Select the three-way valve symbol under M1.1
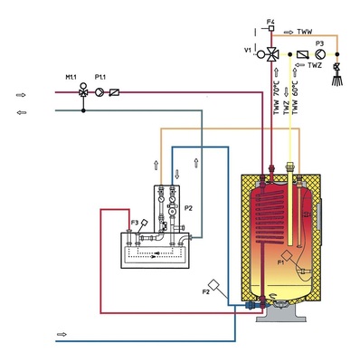(x=84, y=91)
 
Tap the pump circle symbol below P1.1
(x=101, y=91)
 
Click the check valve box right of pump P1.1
(x=114, y=91)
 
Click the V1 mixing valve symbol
(x=270, y=53)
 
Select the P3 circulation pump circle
(x=319, y=53)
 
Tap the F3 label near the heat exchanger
(x=134, y=222)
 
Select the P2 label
(x=188, y=207)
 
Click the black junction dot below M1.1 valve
(x=84, y=110)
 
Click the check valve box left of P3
(x=301, y=53)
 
